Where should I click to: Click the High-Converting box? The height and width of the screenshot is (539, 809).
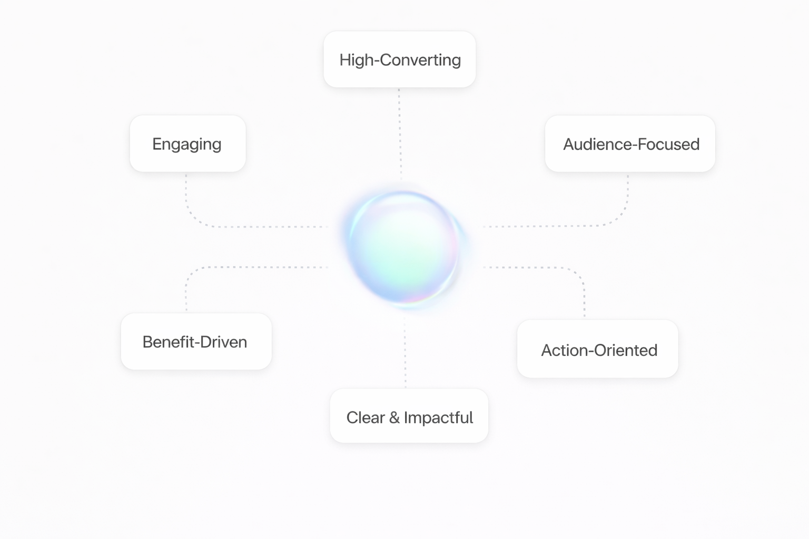pyautogui.click(x=400, y=59)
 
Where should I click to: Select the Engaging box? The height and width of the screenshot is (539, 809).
pyautogui.click(x=188, y=144)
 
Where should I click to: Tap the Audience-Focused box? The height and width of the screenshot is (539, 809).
pyautogui.click(x=630, y=144)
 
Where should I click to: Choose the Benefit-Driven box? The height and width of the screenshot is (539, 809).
pyautogui.click(x=196, y=342)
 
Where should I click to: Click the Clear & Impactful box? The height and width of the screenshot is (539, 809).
pyautogui.click(x=409, y=416)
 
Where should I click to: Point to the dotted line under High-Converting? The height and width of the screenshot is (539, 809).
pyautogui.click(x=400, y=132)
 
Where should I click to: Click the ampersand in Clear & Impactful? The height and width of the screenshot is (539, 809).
pyautogui.click(x=394, y=417)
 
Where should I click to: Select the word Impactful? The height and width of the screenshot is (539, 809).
pyautogui.click(x=438, y=417)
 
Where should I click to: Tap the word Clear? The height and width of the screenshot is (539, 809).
pyautogui.click(x=365, y=417)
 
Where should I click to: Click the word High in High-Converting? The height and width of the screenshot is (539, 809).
pyautogui.click(x=356, y=60)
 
